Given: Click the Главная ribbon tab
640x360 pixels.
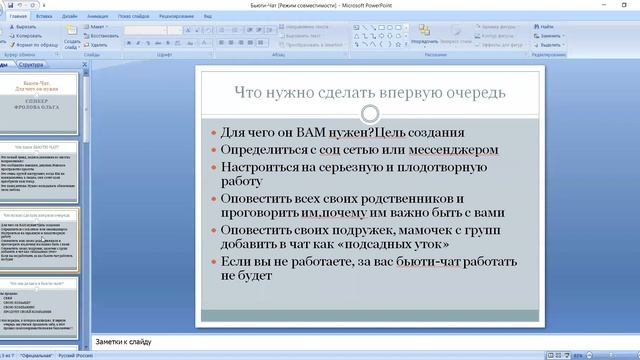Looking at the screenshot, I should pyautogui.click(x=18, y=17).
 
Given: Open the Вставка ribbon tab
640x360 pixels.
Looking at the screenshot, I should pyautogui.click(x=44, y=17).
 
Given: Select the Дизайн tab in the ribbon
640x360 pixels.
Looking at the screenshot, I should pyautogui.click(x=69, y=17).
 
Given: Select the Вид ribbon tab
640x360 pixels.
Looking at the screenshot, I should pyautogui.click(x=207, y=17).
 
